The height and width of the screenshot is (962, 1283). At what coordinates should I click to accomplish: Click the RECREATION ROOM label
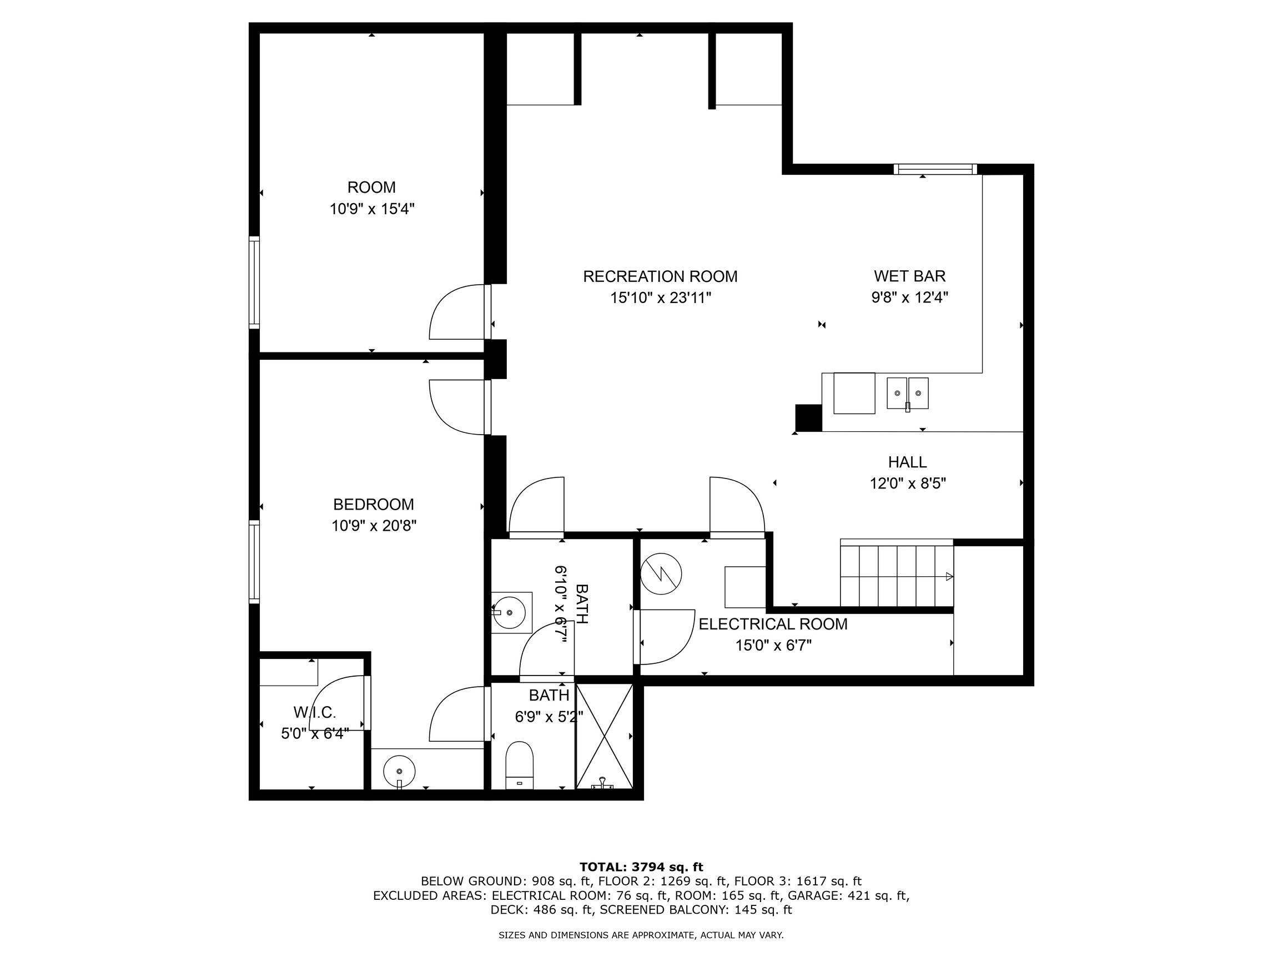click(660, 276)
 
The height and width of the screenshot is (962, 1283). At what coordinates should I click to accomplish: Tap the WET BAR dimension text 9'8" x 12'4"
click(909, 298)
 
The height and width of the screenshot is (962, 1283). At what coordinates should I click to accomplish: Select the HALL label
click(907, 462)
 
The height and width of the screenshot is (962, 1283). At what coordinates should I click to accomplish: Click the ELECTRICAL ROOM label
click(773, 624)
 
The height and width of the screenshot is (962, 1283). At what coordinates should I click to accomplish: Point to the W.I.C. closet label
click(314, 712)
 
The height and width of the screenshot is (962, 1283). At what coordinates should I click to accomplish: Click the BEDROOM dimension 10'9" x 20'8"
click(374, 526)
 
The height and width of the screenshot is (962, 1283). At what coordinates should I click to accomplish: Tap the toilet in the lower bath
click(519, 765)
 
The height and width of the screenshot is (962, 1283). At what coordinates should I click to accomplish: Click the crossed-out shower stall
click(604, 737)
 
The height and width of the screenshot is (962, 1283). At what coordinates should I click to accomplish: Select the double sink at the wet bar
click(907, 394)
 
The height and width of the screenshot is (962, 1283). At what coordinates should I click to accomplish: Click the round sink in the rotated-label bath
click(509, 612)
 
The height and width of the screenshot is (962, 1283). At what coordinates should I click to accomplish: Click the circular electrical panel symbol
click(661, 574)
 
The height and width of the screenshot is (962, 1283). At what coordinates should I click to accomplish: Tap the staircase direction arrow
click(949, 576)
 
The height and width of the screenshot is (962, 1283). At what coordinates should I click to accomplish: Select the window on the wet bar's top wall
click(935, 169)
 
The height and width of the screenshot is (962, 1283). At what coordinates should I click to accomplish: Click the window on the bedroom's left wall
click(254, 561)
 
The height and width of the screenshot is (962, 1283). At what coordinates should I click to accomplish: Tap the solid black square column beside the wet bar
click(808, 417)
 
